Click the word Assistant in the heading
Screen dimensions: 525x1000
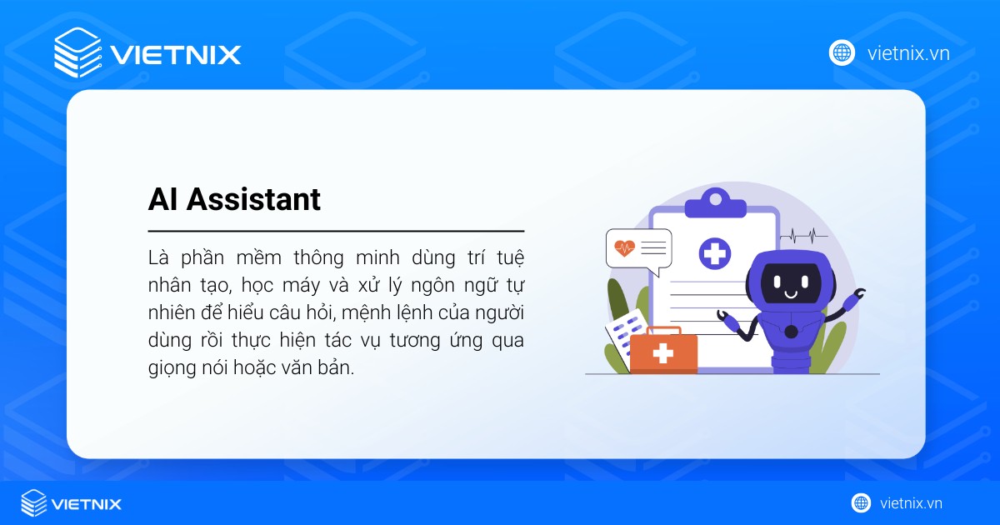(x=253, y=199)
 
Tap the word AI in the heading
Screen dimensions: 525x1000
(x=163, y=199)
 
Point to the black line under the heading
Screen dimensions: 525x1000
(x=336, y=230)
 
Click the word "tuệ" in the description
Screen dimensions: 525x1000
(x=507, y=256)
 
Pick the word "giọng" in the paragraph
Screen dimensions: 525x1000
(x=172, y=368)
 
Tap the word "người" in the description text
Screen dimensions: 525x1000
(x=500, y=312)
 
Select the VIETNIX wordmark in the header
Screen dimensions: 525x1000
(x=176, y=55)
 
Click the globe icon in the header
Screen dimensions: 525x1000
(x=842, y=52)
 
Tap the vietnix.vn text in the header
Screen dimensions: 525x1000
(x=908, y=53)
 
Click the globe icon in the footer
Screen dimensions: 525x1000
(x=861, y=502)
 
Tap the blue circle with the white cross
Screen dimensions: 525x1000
(x=714, y=252)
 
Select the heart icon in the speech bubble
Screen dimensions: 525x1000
(x=623, y=247)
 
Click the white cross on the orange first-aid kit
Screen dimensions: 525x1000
(x=662, y=353)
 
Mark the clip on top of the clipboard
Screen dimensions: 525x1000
(x=714, y=200)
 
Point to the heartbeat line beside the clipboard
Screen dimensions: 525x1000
(x=804, y=235)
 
